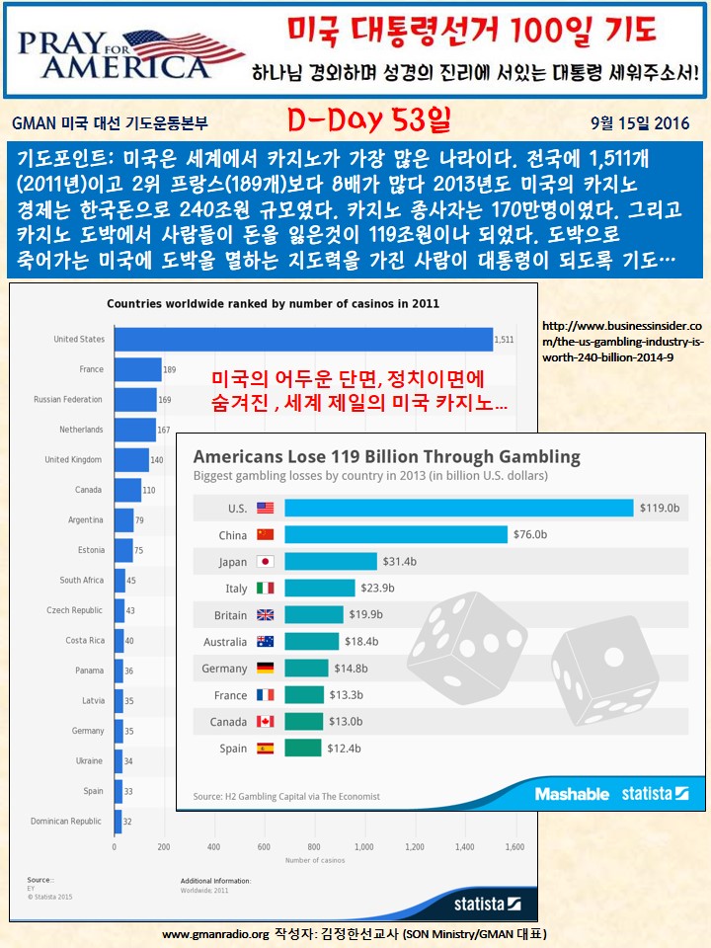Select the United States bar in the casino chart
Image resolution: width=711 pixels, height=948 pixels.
point(302,339)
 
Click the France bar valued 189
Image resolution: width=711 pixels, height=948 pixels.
point(138,369)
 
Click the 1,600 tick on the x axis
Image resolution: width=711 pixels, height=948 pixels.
point(513,847)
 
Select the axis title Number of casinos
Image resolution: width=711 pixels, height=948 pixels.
point(314,860)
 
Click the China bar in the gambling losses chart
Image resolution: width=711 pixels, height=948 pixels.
point(396,534)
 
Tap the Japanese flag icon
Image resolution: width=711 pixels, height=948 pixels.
point(265,561)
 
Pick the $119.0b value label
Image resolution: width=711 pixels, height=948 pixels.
point(660,508)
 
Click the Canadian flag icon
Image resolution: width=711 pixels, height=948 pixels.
point(265,722)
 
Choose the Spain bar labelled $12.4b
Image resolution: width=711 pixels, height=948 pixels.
point(302,749)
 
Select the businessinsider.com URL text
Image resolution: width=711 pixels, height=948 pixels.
point(623,340)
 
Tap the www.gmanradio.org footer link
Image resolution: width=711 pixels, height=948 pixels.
point(214,933)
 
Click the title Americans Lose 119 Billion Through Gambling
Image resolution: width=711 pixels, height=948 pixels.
point(386,457)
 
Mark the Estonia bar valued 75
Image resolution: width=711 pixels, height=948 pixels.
point(123,550)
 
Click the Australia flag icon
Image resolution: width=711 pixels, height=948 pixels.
point(265,641)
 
